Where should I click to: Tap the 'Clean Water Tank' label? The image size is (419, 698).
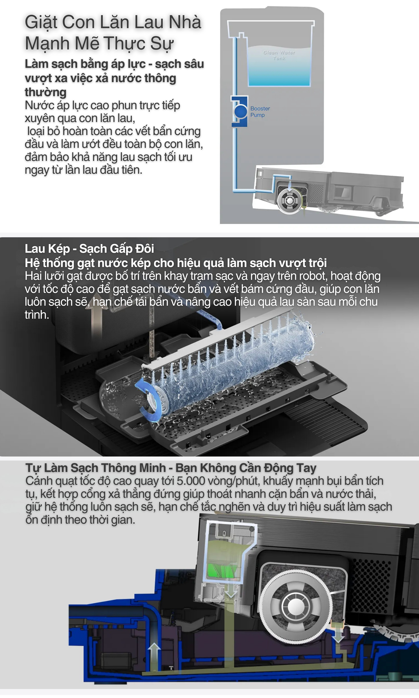[x=279, y=55]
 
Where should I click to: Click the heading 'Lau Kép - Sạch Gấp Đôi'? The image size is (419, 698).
[x=89, y=249]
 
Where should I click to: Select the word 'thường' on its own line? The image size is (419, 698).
[x=46, y=92]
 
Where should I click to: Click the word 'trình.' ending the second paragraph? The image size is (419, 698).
[x=37, y=315]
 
